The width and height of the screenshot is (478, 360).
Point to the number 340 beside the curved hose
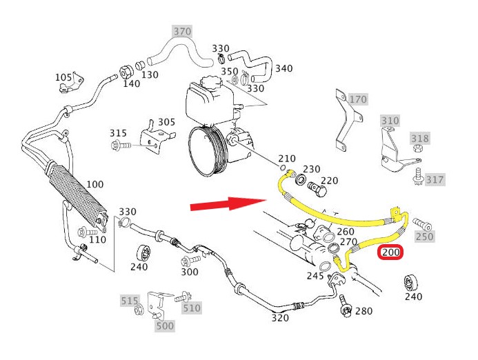tap(283, 69)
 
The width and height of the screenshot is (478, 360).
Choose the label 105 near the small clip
tap(63, 77)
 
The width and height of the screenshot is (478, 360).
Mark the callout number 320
tap(279, 318)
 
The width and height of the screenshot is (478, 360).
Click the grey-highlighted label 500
tap(165, 326)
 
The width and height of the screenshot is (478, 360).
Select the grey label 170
tap(358, 99)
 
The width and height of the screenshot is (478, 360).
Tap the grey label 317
tap(435, 180)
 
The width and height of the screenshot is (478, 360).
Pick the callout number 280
tap(364, 311)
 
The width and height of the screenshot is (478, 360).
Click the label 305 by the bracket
tap(166, 122)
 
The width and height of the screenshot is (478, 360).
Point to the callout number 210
tap(286, 159)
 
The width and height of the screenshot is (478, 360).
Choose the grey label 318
tap(419, 139)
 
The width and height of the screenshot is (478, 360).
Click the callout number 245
tap(316, 276)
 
